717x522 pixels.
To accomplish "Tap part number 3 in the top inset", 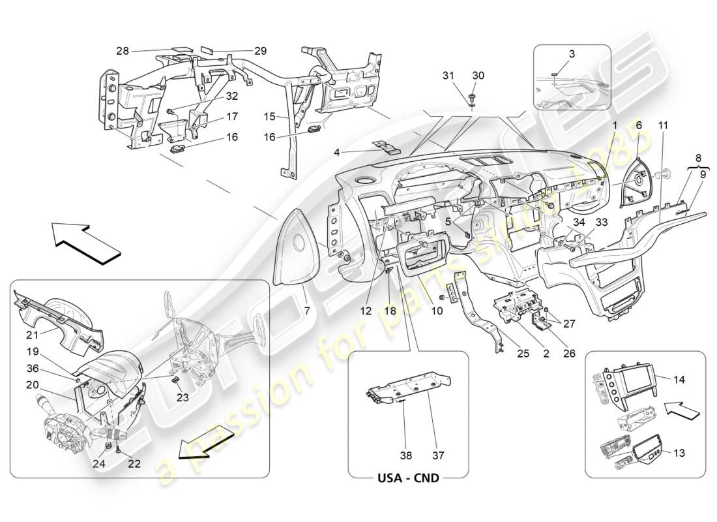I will [571, 55].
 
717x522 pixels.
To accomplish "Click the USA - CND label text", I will [408, 478].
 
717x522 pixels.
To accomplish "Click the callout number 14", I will [678, 378].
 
